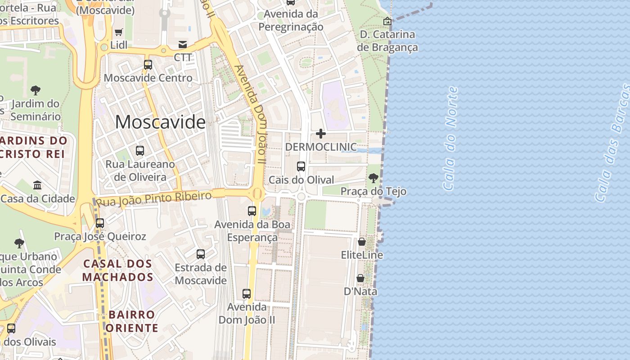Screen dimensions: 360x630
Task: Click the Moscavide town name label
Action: click(160, 122)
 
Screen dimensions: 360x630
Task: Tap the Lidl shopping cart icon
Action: click(118, 32)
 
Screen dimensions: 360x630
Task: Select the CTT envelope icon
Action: click(183, 44)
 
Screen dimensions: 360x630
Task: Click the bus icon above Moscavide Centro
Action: click(148, 64)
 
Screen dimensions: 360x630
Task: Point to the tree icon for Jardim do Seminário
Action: click(36, 90)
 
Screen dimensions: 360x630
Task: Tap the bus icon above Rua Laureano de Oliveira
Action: click(140, 150)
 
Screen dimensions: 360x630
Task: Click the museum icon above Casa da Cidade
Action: click(37, 185)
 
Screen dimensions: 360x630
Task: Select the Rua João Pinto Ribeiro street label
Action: click(154, 199)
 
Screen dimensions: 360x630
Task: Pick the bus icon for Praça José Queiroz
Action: click(100, 223)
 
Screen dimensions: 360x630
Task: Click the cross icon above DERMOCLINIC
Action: click(321, 133)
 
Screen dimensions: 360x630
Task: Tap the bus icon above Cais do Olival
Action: click(301, 166)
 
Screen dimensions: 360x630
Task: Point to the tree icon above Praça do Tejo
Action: click(373, 178)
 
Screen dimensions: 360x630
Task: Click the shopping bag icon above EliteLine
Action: click(361, 242)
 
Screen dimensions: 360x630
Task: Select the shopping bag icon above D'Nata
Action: click(360, 278)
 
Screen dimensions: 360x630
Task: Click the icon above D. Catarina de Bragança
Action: click(387, 21)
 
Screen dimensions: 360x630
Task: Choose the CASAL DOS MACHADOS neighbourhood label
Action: click(117, 270)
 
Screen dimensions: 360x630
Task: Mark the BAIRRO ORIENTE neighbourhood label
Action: click(132, 321)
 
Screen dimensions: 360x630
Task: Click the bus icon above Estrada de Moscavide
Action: click(201, 254)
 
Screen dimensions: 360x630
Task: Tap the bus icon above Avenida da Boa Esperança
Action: click(252, 211)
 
